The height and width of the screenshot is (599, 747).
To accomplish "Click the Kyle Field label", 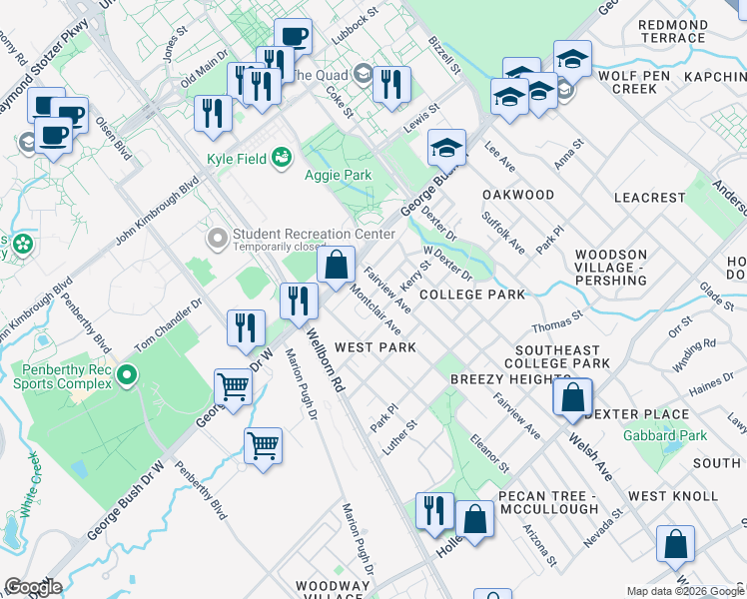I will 236,158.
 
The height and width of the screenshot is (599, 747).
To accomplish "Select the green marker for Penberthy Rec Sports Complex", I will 126,375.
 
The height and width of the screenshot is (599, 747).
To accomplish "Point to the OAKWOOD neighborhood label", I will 517,195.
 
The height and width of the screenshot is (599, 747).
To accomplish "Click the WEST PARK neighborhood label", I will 374,346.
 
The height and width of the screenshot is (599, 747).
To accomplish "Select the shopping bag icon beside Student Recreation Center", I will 337,265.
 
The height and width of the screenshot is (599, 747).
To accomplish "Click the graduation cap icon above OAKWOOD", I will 447,148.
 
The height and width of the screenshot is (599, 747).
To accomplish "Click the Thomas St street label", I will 557,325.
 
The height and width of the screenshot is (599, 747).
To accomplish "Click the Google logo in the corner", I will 33,587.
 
